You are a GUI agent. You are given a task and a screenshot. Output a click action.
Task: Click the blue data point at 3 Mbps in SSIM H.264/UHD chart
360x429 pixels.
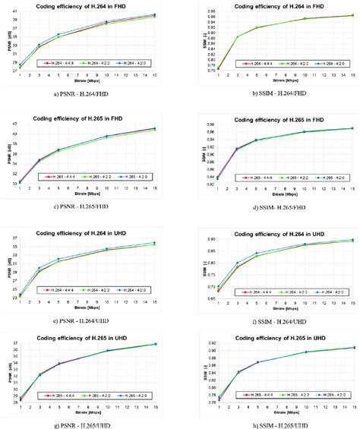[x=238, y=263]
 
